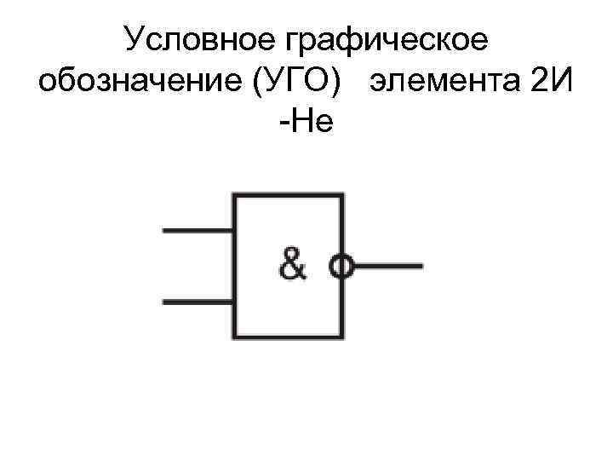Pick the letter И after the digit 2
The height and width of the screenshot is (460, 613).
559,83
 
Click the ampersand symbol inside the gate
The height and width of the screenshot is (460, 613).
292,267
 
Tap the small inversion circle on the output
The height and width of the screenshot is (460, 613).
342,267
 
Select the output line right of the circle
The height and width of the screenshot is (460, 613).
387,267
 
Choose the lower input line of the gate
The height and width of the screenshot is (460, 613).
198,302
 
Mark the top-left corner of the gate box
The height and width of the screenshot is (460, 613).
235,196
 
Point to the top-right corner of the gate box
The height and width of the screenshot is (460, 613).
342,196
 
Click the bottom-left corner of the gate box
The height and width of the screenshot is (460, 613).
235,337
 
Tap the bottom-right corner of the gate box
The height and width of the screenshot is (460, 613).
342,337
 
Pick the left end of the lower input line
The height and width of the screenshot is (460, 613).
163,302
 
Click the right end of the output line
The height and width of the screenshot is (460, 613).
421,267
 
